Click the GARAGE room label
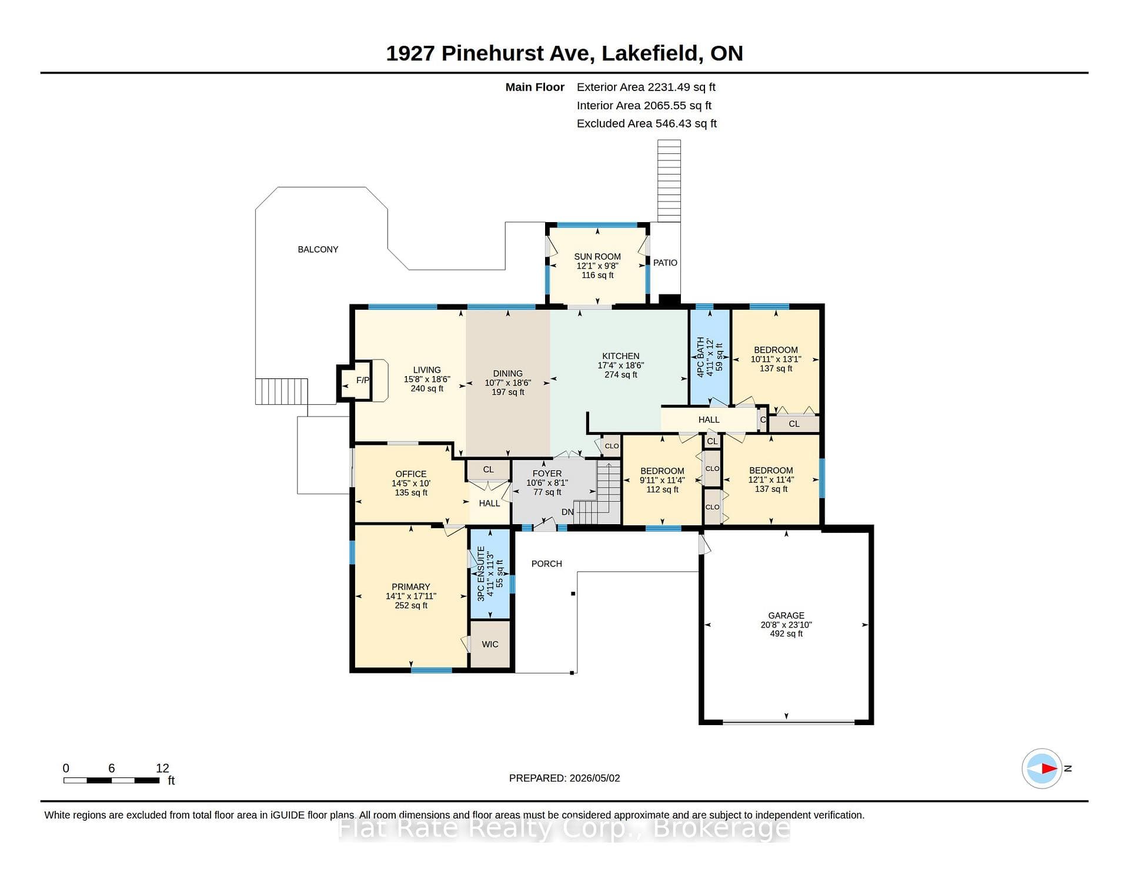tap(786, 615)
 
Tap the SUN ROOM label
tap(597, 257)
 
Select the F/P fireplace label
tap(363, 380)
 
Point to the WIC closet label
tap(490, 645)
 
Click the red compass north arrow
tap(1049, 768)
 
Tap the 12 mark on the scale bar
tap(162, 768)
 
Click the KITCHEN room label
tap(621, 356)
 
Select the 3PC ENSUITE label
tap(481, 573)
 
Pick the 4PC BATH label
tap(700, 357)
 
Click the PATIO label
tap(665, 263)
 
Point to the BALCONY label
tap(318, 250)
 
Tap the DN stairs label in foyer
tap(567, 512)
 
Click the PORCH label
tap(547, 564)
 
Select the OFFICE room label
tap(411, 474)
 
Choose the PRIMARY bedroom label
tap(411, 587)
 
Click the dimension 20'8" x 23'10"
tap(786, 625)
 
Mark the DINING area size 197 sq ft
tap(508, 392)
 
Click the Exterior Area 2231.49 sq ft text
tap(646, 87)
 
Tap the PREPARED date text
tap(564, 778)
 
